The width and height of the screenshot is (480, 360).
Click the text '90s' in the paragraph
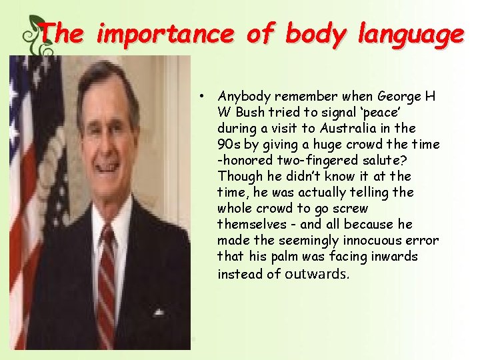coord(228,144)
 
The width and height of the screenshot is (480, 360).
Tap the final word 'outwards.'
coord(317,273)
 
